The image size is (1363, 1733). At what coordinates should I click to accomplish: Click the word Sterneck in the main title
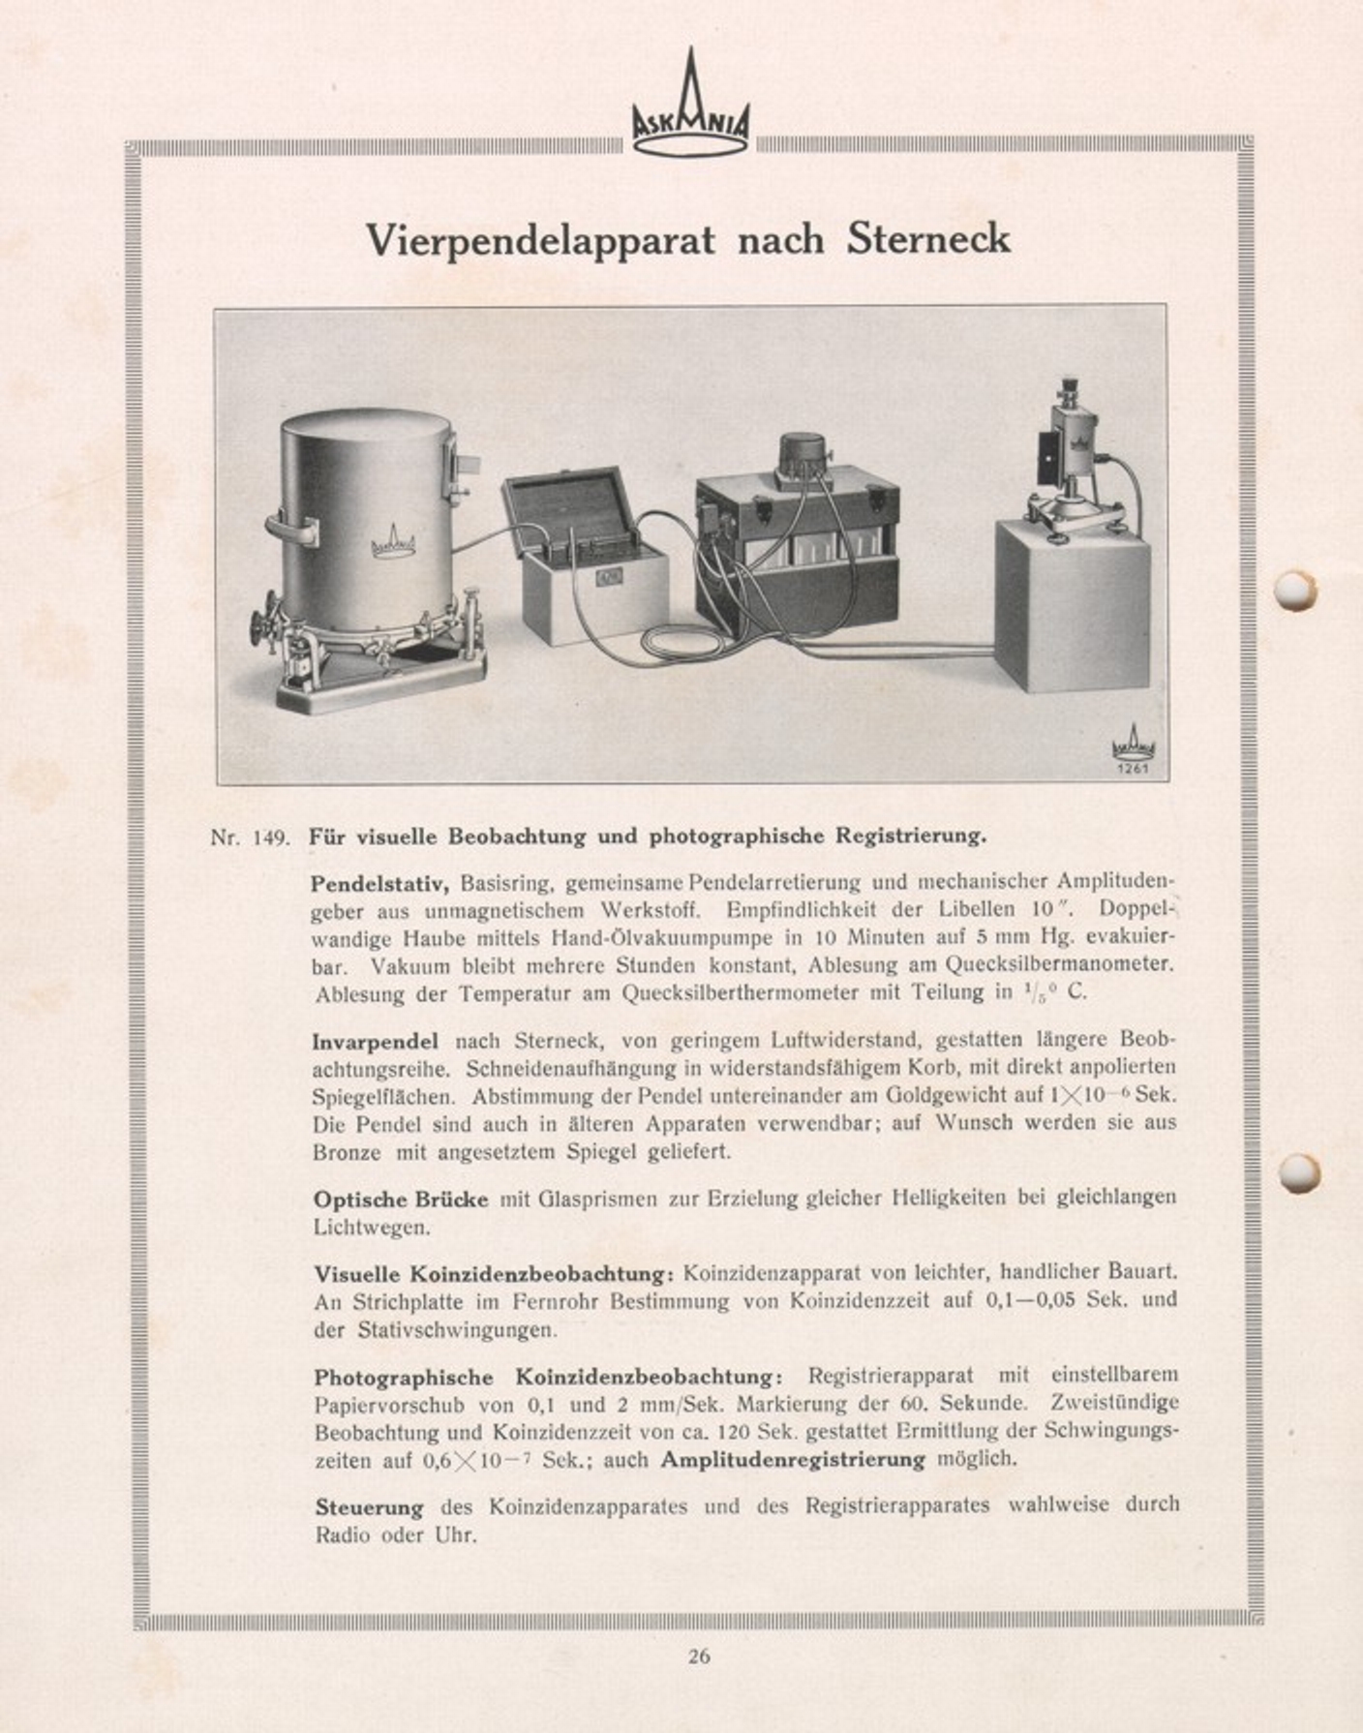point(927,238)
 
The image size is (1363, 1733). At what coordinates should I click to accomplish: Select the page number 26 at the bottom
point(699,1656)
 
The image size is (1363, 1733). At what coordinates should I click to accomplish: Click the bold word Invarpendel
point(375,1042)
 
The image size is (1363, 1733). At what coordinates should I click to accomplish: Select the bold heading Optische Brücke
point(401,1199)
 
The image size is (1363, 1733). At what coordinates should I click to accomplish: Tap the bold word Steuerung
point(369,1507)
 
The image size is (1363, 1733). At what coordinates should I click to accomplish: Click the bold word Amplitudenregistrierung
point(793,1459)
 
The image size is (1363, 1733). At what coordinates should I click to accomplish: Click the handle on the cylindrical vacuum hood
point(291,529)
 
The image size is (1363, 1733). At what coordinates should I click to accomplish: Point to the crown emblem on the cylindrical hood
point(392,544)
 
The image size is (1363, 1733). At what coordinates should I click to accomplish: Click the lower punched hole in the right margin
point(1297,1172)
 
